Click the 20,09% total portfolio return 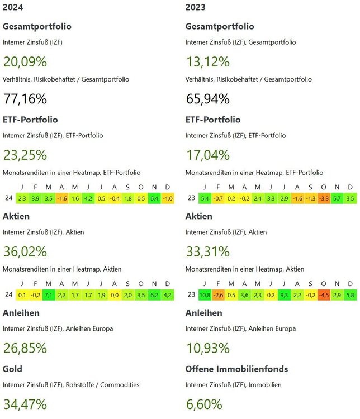[x=25, y=61]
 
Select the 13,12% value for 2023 [x=207, y=61]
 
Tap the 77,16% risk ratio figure [x=25, y=99]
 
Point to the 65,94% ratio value [x=207, y=99]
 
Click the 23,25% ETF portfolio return [x=25, y=155]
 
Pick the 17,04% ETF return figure [x=207, y=155]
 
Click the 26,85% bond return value [x=25, y=348]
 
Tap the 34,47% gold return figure [x=25, y=404]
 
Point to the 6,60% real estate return [x=204, y=404]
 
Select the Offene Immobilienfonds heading [x=236, y=369]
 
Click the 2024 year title [x=12, y=7]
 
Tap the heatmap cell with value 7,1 [x=49, y=294]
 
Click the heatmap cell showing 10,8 [x=205, y=294]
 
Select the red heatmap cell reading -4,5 [x=324, y=294]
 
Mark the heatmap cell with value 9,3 [x=284, y=294]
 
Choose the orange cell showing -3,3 [x=324, y=198]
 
